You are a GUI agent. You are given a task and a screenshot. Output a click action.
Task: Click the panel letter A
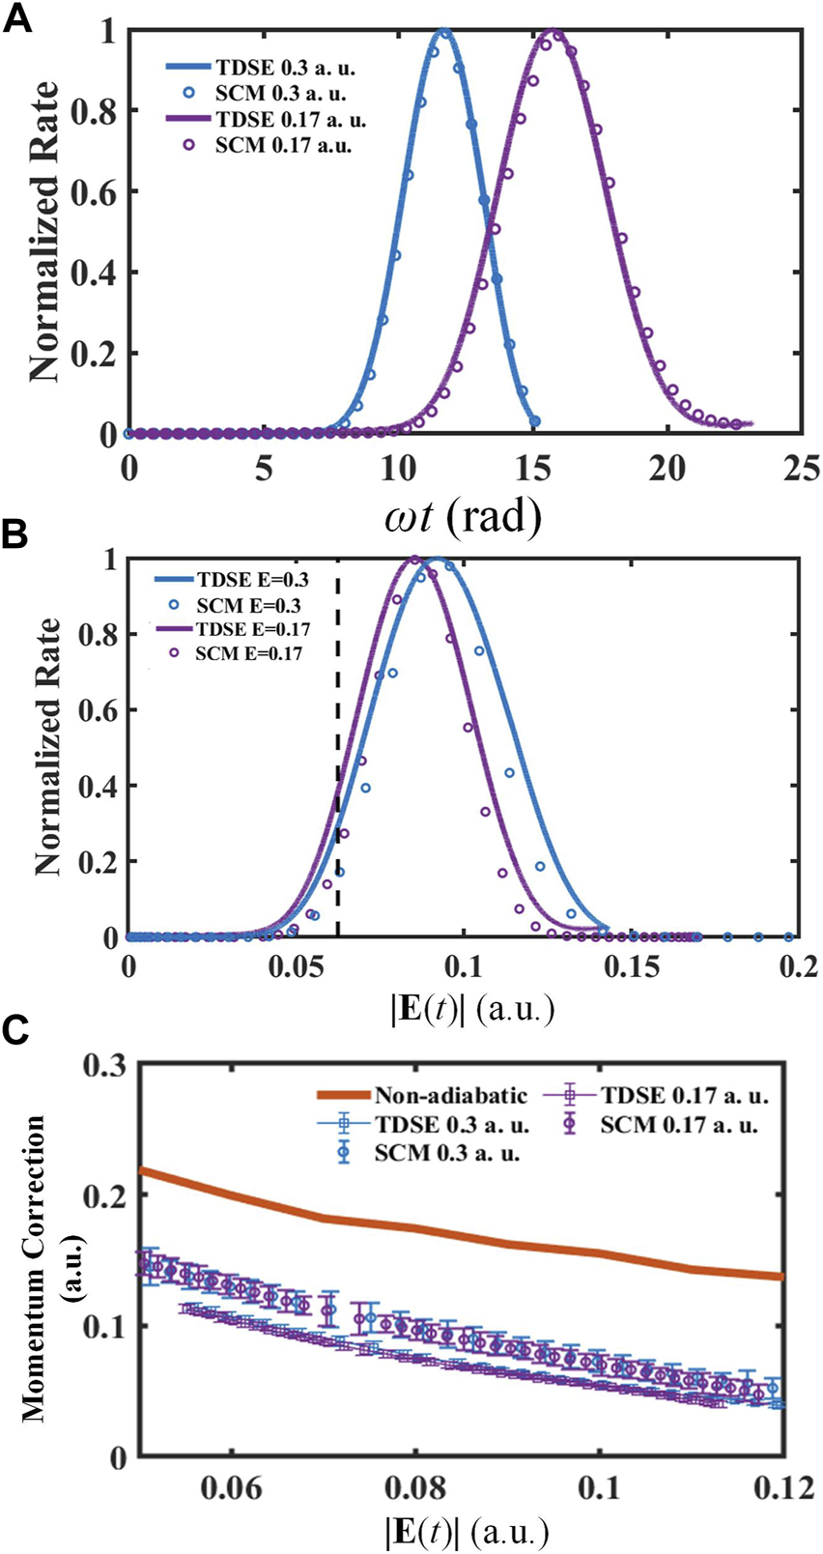pyautogui.click(x=19, y=18)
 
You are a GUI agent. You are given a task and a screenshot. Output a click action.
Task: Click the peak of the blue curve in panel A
pyautogui.click(x=443, y=32)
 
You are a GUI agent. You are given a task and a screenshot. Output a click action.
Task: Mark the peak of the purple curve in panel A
pyautogui.click(x=553, y=32)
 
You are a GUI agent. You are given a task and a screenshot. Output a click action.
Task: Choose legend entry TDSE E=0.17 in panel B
pyautogui.click(x=253, y=629)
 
